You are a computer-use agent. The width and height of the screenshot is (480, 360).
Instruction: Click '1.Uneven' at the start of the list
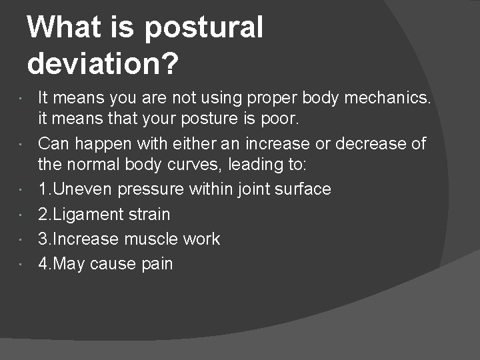[x=75, y=189]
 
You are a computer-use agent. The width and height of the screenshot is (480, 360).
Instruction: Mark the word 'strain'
[x=151, y=214]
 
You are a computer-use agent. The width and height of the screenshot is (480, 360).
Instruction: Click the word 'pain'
[x=157, y=263]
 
